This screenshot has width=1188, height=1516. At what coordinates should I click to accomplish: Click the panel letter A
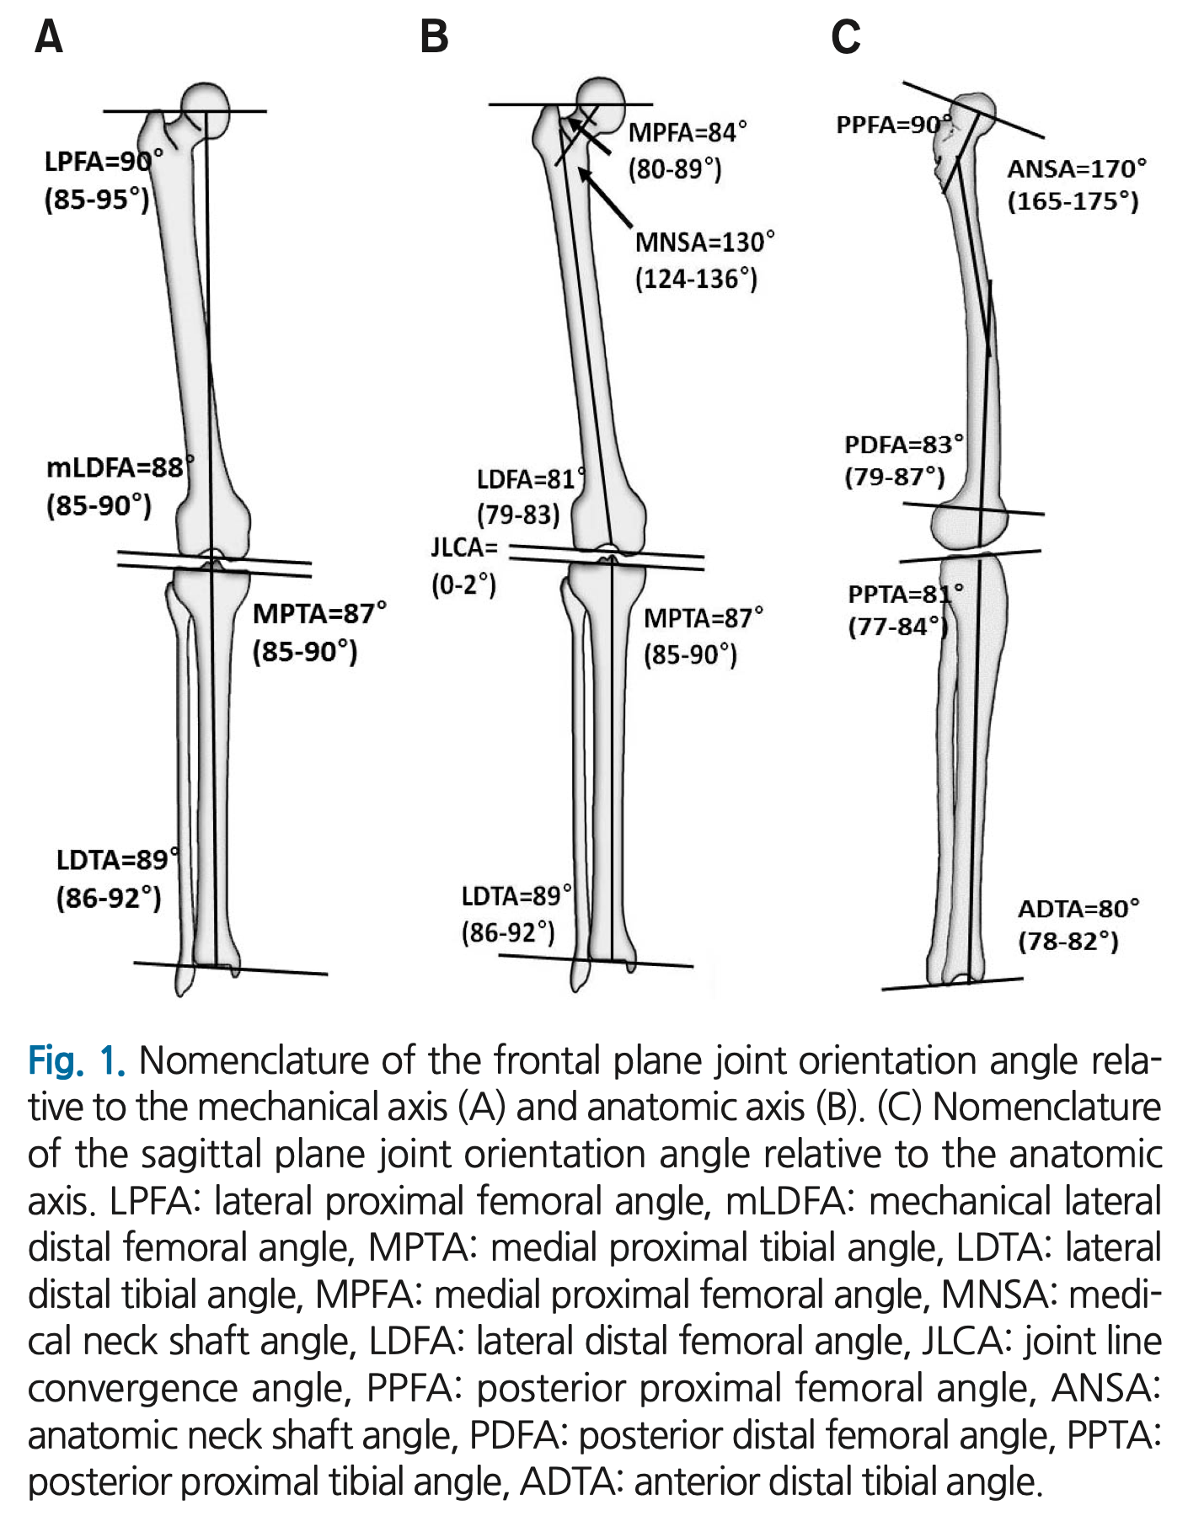point(49,37)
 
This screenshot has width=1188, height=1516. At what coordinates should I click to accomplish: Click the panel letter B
point(435,37)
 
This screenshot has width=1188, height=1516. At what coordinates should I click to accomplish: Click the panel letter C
point(846,37)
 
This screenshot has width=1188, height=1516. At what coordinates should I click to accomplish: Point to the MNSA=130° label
point(704,243)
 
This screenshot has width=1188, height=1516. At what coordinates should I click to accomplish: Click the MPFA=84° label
point(688,132)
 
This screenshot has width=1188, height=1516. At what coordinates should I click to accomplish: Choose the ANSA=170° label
point(1077,168)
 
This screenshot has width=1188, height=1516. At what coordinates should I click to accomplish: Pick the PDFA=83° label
point(904,444)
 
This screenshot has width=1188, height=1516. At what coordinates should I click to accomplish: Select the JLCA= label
point(464,547)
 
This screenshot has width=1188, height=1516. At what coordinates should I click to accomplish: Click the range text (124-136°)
point(696,279)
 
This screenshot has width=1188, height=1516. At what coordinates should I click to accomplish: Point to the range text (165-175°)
point(1073,201)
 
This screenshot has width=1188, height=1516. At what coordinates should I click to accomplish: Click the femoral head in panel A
point(205,106)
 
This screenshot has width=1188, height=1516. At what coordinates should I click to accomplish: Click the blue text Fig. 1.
point(77,1060)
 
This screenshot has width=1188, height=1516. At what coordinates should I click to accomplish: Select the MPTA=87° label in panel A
point(319,613)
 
